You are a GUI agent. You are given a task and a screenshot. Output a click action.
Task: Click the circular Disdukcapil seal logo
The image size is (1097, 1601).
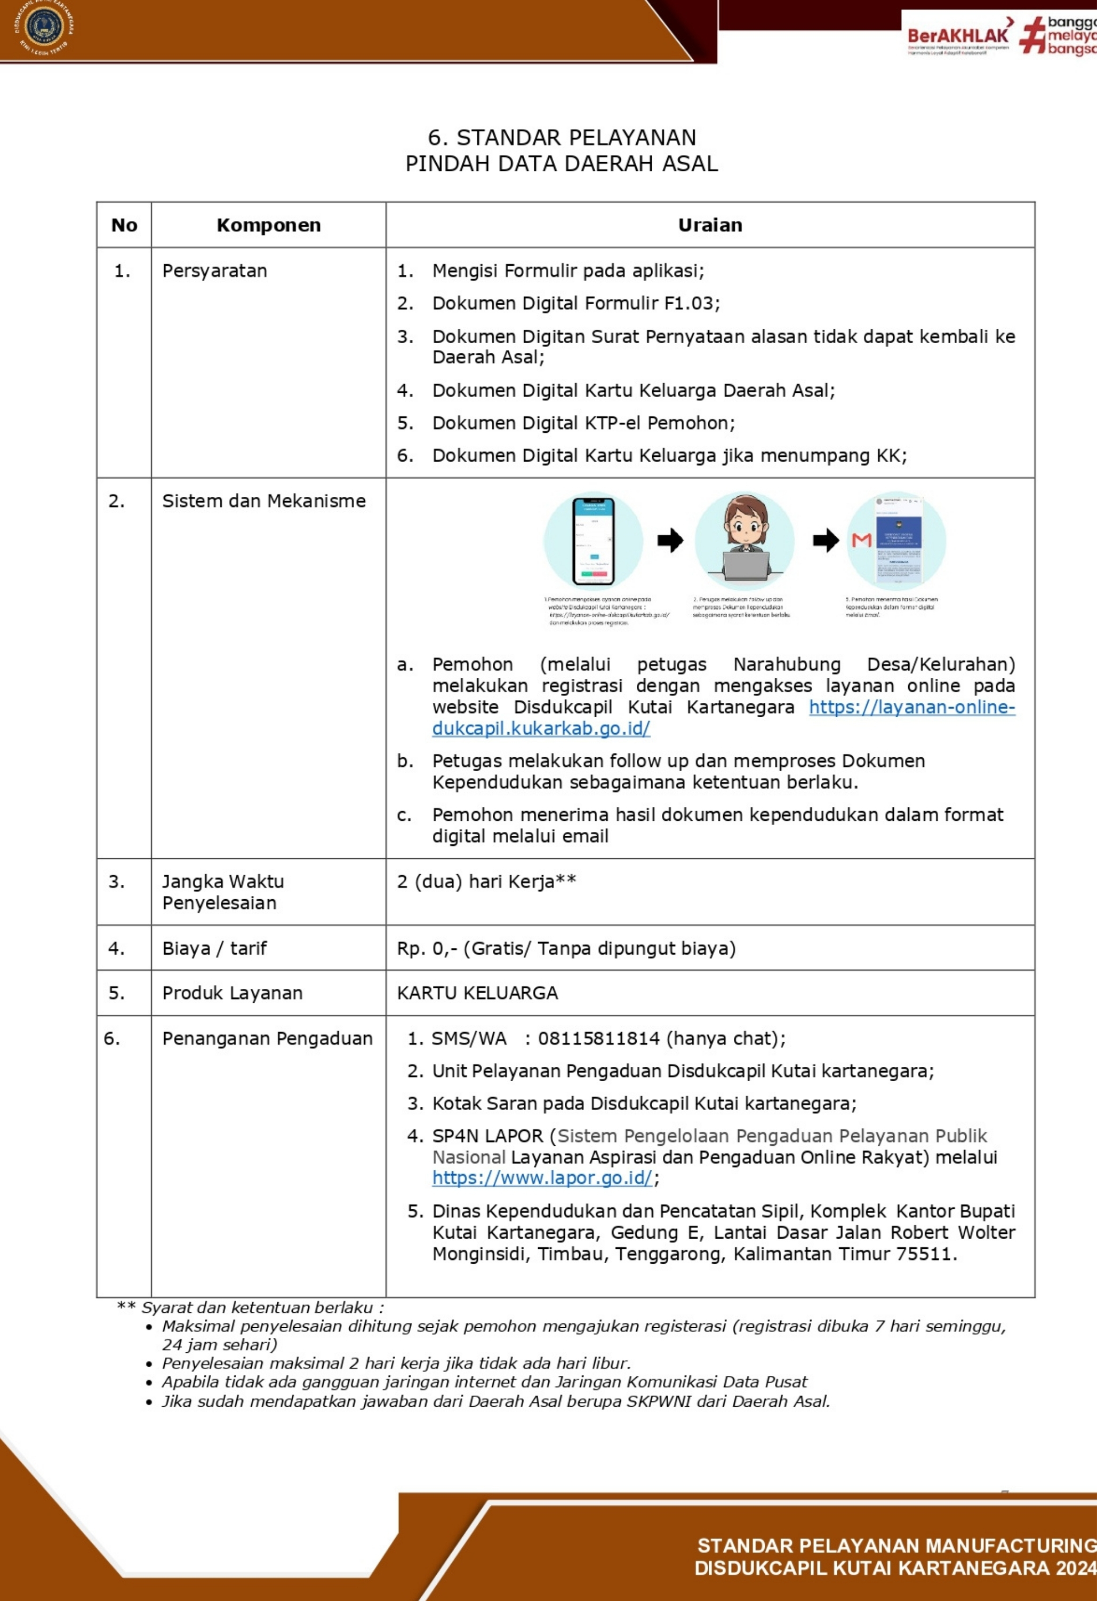coord(44,28)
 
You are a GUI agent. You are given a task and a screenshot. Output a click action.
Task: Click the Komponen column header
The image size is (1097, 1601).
coord(269,225)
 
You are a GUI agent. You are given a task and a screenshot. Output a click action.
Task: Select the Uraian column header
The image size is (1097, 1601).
coord(710,225)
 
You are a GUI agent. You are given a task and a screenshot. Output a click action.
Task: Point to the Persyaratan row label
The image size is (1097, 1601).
coord(214,271)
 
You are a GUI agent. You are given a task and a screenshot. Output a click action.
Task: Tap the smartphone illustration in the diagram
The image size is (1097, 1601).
coord(594,541)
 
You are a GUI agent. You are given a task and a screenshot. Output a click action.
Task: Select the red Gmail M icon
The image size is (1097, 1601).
coord(861,541)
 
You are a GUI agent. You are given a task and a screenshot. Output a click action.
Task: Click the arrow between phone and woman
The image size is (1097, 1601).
coord(669,541)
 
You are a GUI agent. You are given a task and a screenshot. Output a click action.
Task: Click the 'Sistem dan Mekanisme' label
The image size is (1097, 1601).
coord(264,501)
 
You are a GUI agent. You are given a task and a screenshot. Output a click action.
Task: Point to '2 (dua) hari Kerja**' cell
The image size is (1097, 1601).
coord(486,882)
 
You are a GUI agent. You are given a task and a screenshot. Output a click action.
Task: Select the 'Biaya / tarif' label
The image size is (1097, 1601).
coord(214,949)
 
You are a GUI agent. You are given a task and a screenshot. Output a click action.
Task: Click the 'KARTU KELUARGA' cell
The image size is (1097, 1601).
coord(477,993)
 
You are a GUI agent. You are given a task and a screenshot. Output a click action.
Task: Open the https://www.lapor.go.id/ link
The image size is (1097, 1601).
coord(542,1178)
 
